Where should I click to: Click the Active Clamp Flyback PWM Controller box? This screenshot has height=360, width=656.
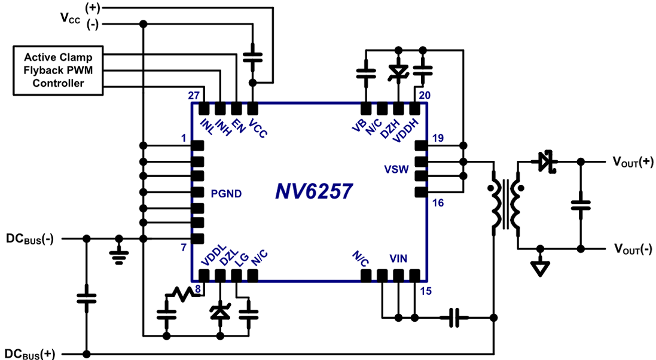(58, 71)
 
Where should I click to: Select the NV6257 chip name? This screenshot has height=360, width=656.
(314, 191)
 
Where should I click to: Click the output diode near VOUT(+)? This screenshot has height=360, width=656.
(545, 161)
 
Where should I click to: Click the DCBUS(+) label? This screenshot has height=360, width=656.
(30, 353)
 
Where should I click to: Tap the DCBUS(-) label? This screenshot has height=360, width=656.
(30, 238)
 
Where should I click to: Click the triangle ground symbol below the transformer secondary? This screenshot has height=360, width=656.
(541, 267)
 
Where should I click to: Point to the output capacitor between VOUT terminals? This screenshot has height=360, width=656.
(579, 205)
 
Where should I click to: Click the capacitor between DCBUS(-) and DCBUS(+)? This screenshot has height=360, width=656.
(87, 297)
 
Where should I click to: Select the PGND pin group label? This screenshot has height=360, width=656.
(225, 193)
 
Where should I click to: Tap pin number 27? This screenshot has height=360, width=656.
(193, 95)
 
